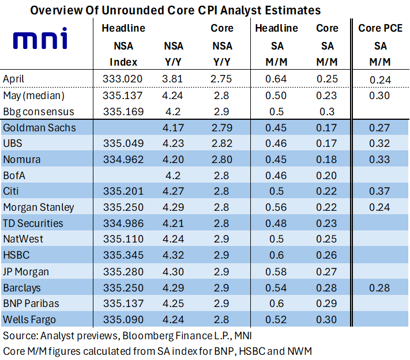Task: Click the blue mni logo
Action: click(40, 38)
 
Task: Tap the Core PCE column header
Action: click(380, 28)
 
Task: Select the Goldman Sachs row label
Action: click(39, 128)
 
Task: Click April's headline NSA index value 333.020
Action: click(122, 79)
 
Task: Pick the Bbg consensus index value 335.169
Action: click(123, 112)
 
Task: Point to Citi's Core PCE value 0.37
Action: click(379, 191)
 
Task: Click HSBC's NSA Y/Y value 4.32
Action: click(173, 255)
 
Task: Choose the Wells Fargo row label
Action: click(29, 320)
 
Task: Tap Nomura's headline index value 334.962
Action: click(123, 160)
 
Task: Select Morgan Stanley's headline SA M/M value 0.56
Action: click(276, 207)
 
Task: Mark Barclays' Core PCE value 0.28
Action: click(379, 288)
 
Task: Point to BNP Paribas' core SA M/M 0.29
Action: click(326, 304)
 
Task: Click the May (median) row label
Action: click(33, 96)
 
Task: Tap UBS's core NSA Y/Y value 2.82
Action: click(222, 143)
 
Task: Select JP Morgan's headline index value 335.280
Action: click(123, 272)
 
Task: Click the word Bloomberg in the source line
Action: click(148, 336)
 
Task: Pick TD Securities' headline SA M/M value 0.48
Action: click(276, 223)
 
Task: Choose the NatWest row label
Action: click(23, 239)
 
